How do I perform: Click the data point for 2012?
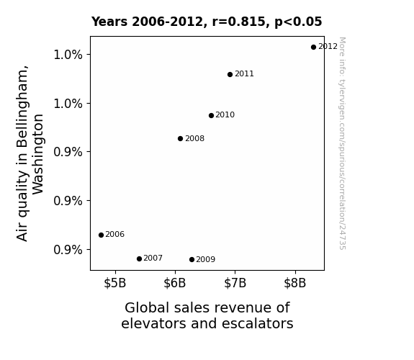point(313,48)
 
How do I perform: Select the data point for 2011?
point(230,74)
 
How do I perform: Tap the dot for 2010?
point(211,115)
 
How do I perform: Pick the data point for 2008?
point(180,139)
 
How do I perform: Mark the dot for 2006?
point(101,235)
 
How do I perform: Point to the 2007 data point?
point(140,259)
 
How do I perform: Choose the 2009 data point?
point(192,260)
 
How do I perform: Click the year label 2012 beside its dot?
point(328,47)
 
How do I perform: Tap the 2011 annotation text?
point(244,73)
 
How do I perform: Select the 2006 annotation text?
point(115,234)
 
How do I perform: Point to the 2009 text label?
point(206,259)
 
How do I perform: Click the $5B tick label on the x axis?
point(115,283)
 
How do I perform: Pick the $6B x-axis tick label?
point(175,283)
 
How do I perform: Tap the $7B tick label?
point(235,283)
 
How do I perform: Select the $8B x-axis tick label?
point(295,283)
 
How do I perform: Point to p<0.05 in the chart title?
point(298,22)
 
